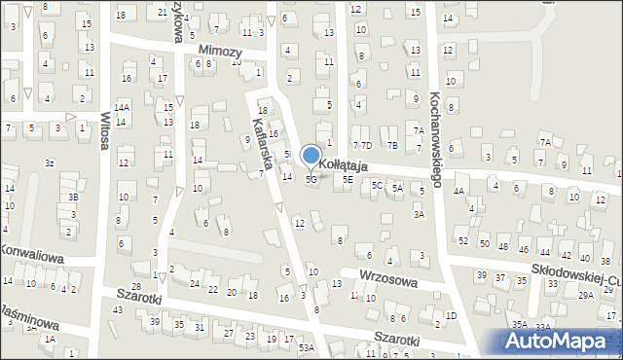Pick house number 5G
pyautogui.click(x=311, y=180)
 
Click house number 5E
pyautogui.click(x=348, y=180)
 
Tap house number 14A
pyautogui.click(x=122, y=108)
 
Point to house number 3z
pyautogui.click(x=49, y=162)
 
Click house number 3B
pyautogui.click(x=73, y=198)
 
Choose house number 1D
pyautogui.click(x=451, y=316)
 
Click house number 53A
pyautogui.click(x=307, y=347)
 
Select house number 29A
pyautogui.click(x=586, y=295)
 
